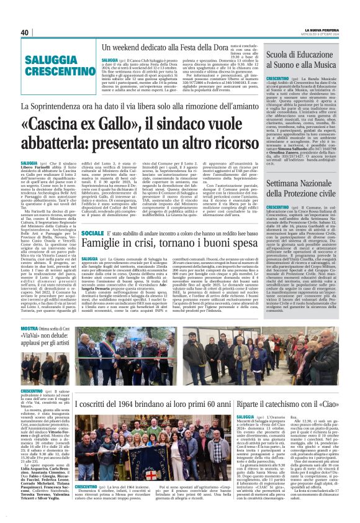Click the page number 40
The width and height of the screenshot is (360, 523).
point(25,32)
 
